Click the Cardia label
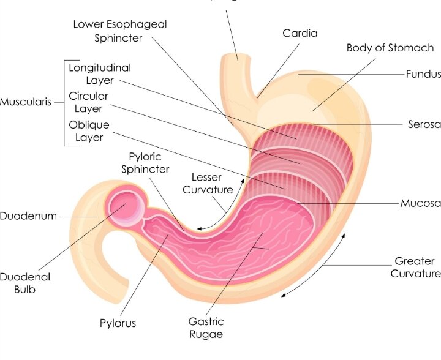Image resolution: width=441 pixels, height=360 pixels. click(x=300, y=33)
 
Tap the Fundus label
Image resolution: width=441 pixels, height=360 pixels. click(x=423, y=74)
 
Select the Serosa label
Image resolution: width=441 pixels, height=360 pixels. click(x=424, y=124)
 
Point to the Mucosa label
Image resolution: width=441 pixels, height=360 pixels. click(x=421, y=203)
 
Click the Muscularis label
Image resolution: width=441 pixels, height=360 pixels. click(x=26, y=102)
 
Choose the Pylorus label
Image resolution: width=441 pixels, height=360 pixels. click(x=118, y=323)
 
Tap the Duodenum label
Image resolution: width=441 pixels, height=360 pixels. click(x=28, y=216)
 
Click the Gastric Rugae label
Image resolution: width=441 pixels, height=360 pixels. click(x=206, y=328)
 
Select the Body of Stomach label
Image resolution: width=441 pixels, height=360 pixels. click(x=390, y=48)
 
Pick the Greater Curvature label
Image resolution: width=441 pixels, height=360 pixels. click(x=416, y=267)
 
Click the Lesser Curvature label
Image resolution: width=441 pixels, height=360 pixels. click(x=208, y=184)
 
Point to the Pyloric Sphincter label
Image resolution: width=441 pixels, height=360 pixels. click(x=145, y=163)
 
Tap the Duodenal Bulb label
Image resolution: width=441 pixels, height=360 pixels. click(x=25, y=283)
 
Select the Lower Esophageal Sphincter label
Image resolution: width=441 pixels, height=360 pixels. click(x=120, y=31)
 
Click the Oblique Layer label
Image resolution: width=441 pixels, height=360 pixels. click(x=89, y=131)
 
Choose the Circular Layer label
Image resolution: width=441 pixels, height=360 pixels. click(x=88, y=102)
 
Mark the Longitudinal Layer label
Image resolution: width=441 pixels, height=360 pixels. click(x=100, y=74)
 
